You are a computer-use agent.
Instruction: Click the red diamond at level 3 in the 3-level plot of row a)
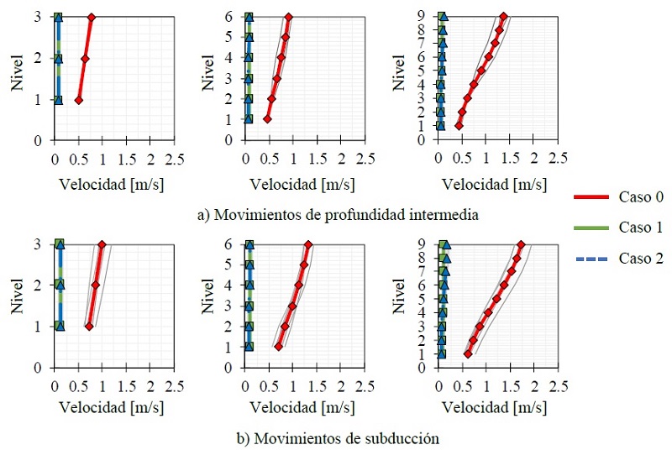coord(91,18)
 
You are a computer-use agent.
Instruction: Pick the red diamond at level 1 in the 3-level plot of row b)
coord(89,327)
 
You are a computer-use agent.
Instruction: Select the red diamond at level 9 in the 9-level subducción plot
coord(521,245)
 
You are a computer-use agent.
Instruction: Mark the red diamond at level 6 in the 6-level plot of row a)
coord(288,18)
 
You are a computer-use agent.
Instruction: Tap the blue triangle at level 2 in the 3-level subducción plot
coord(59,285)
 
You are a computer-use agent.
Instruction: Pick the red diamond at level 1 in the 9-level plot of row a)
coord(459,126)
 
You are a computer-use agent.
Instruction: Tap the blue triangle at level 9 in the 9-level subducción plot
coord(446,245)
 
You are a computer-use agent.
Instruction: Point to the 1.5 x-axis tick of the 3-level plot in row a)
coord(126,157)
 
